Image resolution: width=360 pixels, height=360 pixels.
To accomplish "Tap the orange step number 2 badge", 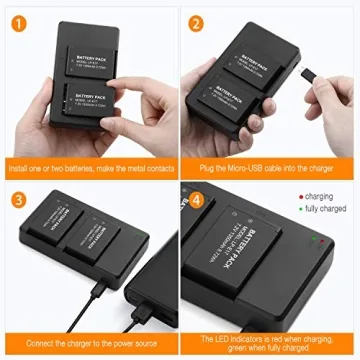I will (195, 22).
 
